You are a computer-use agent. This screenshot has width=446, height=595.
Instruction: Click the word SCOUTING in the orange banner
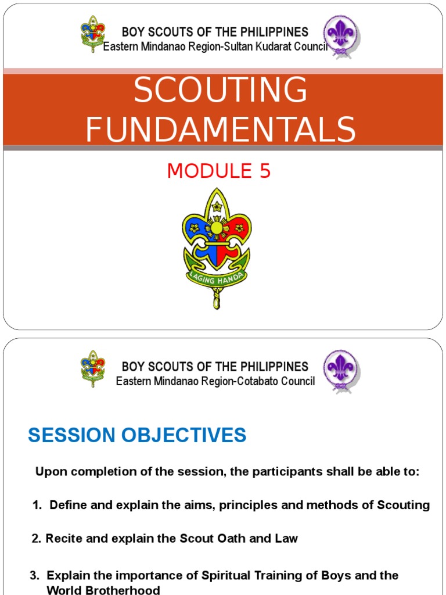[x=220, y=91]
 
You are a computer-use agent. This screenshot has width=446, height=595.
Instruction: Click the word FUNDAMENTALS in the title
[x=221, y=129]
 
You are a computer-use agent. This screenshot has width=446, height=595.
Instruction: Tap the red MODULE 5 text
[x=219, y=171]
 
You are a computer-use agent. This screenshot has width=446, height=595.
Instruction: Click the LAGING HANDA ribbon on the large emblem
[x=216, y=278]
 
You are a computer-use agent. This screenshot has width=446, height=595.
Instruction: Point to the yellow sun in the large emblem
[x=216, y=228]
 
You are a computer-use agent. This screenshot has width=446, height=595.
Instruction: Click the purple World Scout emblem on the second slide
[x=339, y=370]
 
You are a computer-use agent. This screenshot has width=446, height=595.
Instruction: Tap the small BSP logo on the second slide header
[x=92, y=368]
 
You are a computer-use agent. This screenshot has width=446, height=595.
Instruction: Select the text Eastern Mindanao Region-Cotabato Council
[x=215, y=381]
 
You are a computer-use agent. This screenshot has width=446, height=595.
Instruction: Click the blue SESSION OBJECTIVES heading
[x=137, y=435]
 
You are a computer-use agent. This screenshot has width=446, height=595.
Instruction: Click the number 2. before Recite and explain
[x=37, y=539]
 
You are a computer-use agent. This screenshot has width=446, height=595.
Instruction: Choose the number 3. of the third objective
[x=35, y=575]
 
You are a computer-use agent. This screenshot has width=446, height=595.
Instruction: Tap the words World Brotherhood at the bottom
[x=103, y=589]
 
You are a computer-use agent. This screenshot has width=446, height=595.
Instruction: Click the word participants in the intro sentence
[x=261, y=471]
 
